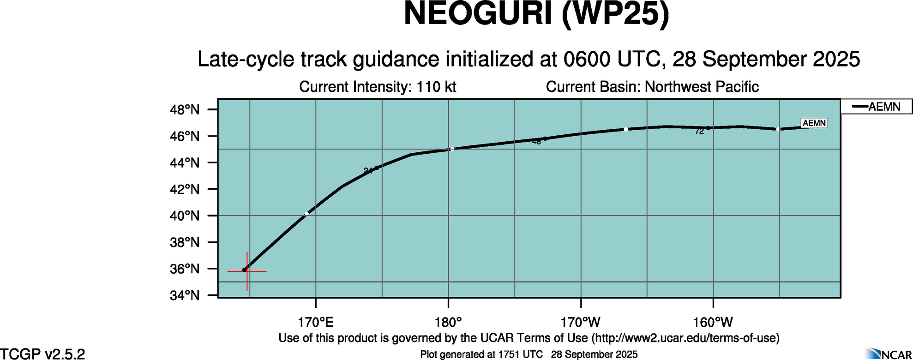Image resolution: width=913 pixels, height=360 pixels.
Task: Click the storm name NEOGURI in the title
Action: (x=478, y=14)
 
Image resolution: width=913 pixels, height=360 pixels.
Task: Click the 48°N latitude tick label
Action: (x=185, y=110)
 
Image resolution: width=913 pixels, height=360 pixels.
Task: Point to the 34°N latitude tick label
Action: (x=185, y=295)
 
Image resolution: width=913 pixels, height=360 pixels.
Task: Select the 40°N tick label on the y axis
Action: (x=185, y=216)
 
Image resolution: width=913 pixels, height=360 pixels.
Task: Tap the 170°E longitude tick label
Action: (x=316, y=322)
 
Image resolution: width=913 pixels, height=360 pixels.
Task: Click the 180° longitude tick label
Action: (x=448, y=322)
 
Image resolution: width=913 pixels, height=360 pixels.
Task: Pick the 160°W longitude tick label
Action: (x=713, y=322)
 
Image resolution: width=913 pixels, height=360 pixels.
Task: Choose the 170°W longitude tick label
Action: (x=581, y=322)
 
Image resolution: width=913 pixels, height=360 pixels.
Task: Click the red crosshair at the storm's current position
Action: (x=247, y=271)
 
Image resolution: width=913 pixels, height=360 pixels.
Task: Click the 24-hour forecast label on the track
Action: (x=368, y=171)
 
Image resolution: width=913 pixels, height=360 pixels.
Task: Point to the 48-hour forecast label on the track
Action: (x=536, y=142)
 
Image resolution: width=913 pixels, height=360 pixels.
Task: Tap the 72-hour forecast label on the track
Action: (x=699, y=132)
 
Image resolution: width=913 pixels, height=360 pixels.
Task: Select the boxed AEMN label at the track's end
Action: (x=814, y=123)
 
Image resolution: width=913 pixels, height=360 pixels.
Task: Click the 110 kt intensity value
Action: (x=436, y=87)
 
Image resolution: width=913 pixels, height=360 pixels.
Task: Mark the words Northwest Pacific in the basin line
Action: (x=702, y=87)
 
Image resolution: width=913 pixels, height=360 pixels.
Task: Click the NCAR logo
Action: (x=889, y=354)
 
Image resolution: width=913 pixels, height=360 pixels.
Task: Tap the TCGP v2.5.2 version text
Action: (x=42, y=354)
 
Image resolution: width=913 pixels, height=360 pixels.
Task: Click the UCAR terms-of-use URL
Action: (x=685, y=338)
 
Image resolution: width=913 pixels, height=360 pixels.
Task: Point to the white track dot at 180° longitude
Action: (x=452, y=149)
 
